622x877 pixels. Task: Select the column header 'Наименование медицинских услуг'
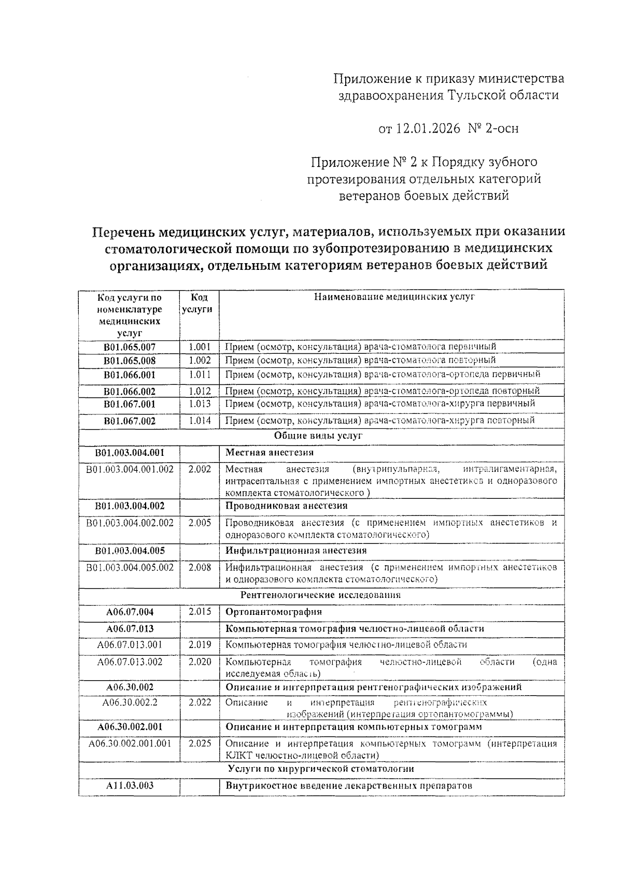(x=394, y=297)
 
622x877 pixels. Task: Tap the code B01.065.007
(x=130, y=347)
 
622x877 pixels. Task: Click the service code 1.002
(x=200, y=360)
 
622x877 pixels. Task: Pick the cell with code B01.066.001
(x=130, y=375)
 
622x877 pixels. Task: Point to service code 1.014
(x=200, y=421)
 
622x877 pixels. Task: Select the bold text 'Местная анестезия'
(x=270, y=453)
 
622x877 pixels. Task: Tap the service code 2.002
(x=200, y=469)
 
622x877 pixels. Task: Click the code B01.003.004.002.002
(x=130, y=523)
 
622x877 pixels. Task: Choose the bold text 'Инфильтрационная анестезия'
(x=296, y=551)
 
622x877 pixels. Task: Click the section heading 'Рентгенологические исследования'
(x=321, y=595)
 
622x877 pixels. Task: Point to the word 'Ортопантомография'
(x=274, y=612)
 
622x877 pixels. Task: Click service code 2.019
(x=200, y=645)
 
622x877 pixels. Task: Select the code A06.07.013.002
(x=130, y=662)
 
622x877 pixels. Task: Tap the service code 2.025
(x=200, y=743)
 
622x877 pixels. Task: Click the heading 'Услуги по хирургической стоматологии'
(x=321, y=769)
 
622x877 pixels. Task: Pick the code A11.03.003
(x=130, y=786)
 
